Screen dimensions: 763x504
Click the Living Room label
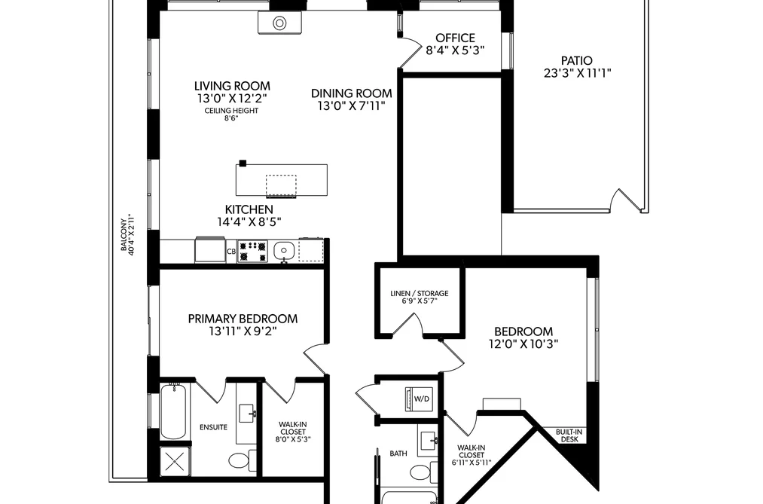pyautogui.click(x=232, y=86)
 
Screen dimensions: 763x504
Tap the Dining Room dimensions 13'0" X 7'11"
pyautogui.click(x=351, y=106)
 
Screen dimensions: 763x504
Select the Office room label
pyautogui.click(x=455, y=38)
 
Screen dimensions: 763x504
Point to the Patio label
pyautogui.click(x=577, y=61)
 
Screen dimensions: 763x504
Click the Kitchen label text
pyautogui.click(x=249, y=209)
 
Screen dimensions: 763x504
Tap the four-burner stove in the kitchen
pyautogui.click(x=252, y=251)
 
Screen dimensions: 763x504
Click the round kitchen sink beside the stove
pyautogui.click(x=282, y=251)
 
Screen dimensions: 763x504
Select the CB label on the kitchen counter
pyautogui.click(x=231, y=252)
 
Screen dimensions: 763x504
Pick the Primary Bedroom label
pyautogui.click(x=243, y=319)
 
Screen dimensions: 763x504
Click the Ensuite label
pyautogui.click(x=213, y=427)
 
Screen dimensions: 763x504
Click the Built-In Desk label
pyautogui.click(x=569, y=435)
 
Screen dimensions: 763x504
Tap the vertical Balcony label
pyautogui.click(x=127, y=234)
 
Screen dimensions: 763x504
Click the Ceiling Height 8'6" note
pyautogui.click(x=231, y=115)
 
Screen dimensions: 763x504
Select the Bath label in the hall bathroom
pyautogui.click(x=398, y=454)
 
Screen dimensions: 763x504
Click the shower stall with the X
pyautogui.click(x=175, y=460)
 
